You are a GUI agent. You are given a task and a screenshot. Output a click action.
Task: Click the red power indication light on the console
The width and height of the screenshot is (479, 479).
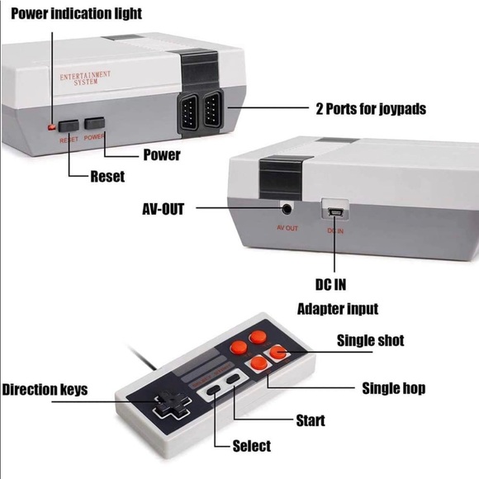click(51, 127)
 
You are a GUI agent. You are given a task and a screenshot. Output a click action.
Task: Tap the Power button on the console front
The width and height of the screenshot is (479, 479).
click(95, 125)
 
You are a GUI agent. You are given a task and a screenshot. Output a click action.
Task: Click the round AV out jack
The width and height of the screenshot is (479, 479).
click(287, 209)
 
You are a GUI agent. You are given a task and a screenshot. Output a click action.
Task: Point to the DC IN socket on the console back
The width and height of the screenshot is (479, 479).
click(334, 212)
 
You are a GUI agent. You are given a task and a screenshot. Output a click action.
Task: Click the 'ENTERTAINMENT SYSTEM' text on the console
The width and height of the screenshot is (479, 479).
click(85, 78)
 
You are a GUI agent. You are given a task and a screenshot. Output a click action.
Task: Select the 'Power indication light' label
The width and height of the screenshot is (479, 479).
click(76, 13)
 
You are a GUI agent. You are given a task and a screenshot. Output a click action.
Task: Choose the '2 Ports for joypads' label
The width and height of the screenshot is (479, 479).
click(371, 108)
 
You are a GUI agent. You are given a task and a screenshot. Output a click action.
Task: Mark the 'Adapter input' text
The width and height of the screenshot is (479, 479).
click(338, 309)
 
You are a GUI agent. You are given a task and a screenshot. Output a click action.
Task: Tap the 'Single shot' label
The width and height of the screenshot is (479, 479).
click(370, 340)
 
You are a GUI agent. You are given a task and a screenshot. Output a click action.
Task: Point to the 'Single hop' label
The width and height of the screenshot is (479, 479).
click(394, 388)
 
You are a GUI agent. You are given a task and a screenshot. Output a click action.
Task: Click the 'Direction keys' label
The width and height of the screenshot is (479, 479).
click(45, 389)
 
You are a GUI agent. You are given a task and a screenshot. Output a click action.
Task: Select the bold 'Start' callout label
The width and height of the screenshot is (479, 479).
click(311, 420)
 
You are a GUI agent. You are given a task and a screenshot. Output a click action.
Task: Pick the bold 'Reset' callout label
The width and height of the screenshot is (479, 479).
click(107, 176)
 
